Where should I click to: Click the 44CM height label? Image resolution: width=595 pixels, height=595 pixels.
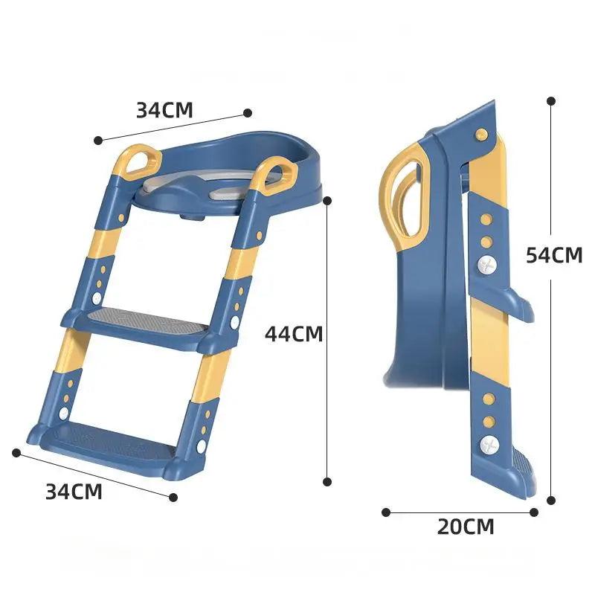(x=294, y=334)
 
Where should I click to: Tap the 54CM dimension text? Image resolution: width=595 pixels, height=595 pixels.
(x=554, y=255)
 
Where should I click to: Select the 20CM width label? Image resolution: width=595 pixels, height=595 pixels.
(x=465, y=527)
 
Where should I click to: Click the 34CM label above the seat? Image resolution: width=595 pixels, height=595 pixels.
(x=164, y=110)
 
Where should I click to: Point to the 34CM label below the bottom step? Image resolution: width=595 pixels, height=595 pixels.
(x=74, y=492)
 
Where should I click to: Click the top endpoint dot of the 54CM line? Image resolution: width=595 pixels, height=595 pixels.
(x=551, y=100)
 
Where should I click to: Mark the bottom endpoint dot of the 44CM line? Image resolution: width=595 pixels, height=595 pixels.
(x=327, y=482)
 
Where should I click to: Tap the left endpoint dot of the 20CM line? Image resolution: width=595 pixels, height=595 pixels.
(x=386, y=512)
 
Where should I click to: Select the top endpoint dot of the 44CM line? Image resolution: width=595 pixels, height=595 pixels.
(x=327, y=199)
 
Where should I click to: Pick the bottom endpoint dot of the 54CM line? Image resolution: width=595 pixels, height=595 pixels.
(x=551, y=501)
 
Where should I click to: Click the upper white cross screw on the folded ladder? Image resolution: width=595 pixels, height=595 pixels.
(x=487, y=265)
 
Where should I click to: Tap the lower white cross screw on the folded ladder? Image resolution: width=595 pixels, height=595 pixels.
(x=488, y=445)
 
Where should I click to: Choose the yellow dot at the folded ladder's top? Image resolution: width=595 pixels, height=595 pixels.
(x=481, y=134)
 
